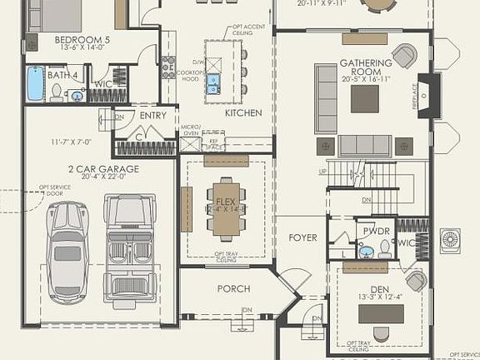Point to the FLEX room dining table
tap(226, 205)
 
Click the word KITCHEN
tap(243, 112)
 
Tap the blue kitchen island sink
tap(213, 82)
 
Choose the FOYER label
tap(302, 237)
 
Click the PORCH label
tap(234, 288)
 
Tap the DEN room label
tap(379, 289)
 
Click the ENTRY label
tap(153, 116)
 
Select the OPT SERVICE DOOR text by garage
tap(55, 191)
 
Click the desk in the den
tap(381, 314)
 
